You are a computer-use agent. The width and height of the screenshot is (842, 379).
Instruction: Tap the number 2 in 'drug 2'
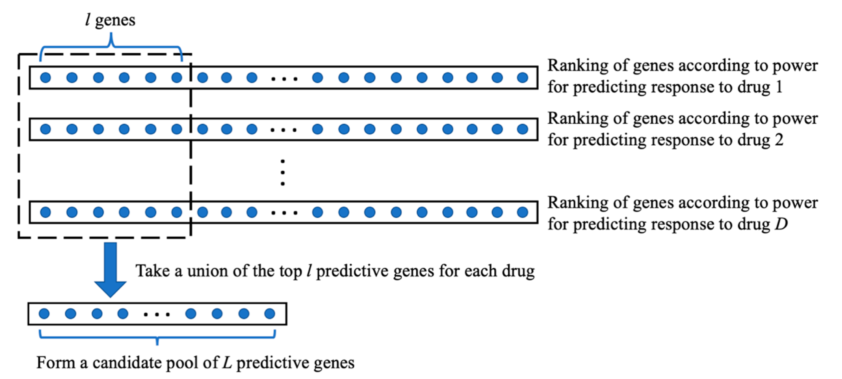pyautogui.click(x=779, y=140)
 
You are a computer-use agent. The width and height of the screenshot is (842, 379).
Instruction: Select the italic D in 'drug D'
pyautogui.click(x=781, y=224)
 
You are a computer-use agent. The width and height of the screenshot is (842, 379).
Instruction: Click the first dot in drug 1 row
pyautogui.click(x=45, y=77)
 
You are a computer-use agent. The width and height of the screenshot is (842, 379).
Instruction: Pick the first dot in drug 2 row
pyautogui.click(x=45, y=129)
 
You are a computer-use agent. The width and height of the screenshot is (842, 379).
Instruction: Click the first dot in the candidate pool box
pyautogui.click(x=44, y=314)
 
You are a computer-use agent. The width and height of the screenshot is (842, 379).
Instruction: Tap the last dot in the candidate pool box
pyautogui.click(x=270, y=314)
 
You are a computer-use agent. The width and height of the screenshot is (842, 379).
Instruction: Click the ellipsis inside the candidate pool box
pyautogui.click(x=157, y=315)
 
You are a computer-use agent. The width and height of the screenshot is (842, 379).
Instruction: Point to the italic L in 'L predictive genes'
pyautogui.click(x=227, y=363)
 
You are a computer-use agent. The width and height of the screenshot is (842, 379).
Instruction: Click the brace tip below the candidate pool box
pyautogui.click(x=157, y=343)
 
